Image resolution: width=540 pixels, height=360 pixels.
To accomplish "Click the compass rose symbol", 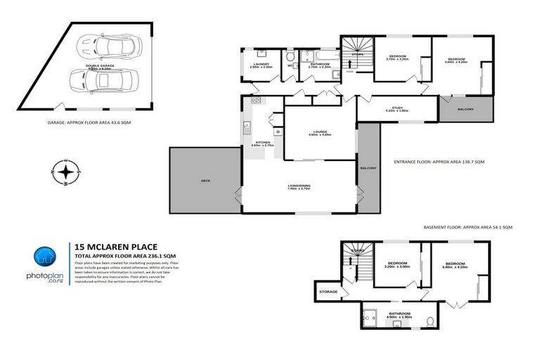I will pyautogui.click(x=65, y=172).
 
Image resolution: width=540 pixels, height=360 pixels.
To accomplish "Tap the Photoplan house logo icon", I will pyautogui.click(x=46, y=256).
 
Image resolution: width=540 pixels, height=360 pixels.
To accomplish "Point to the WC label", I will pyautogui.click(x=290, y=67).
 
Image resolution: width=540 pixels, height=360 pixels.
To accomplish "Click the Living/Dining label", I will pyautogui.click(x=300, y=186).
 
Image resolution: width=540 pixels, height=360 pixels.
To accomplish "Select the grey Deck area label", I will pyautogui.click(x=205, y=181).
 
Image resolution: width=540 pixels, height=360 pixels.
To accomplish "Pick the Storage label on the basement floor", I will pyautogui.click(x=328, y=291).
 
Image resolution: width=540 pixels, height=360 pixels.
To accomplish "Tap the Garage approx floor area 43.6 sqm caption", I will pyautogui.click(x=84, y=122).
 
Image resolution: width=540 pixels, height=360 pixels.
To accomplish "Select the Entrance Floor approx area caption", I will pyautogui.click(x=443, y=162).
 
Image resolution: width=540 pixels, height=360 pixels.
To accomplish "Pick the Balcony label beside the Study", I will pyautogui.click(x=465, y=109).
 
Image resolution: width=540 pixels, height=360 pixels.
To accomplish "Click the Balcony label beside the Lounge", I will pyautogui.click(x=368, y=168).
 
